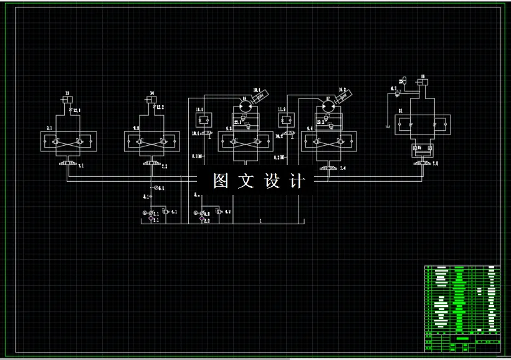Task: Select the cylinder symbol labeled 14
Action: coord(151,100)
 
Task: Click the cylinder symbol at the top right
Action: coord(422,81)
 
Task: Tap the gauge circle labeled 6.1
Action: coord(155,187)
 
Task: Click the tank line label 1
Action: coord(260,220)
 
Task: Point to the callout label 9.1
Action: coord(49,128)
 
